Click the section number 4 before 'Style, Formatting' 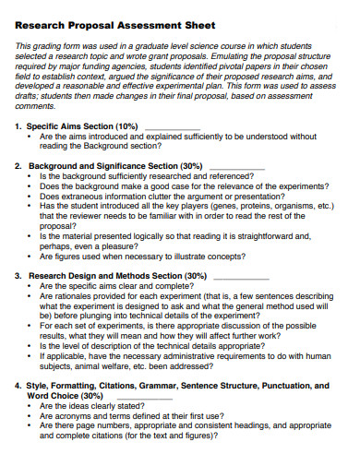(x=19, y=386)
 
